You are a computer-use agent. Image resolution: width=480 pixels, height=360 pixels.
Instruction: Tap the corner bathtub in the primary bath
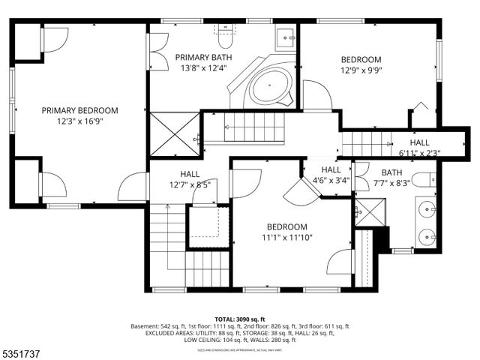(x=268, y=88)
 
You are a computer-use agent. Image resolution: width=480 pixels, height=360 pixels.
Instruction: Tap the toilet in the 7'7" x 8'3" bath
(x=424, y=180)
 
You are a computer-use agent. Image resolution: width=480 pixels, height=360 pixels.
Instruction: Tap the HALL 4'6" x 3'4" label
(x=330, y=175)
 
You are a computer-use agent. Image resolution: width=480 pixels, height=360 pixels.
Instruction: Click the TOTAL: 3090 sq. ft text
(x=240, y=319)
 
